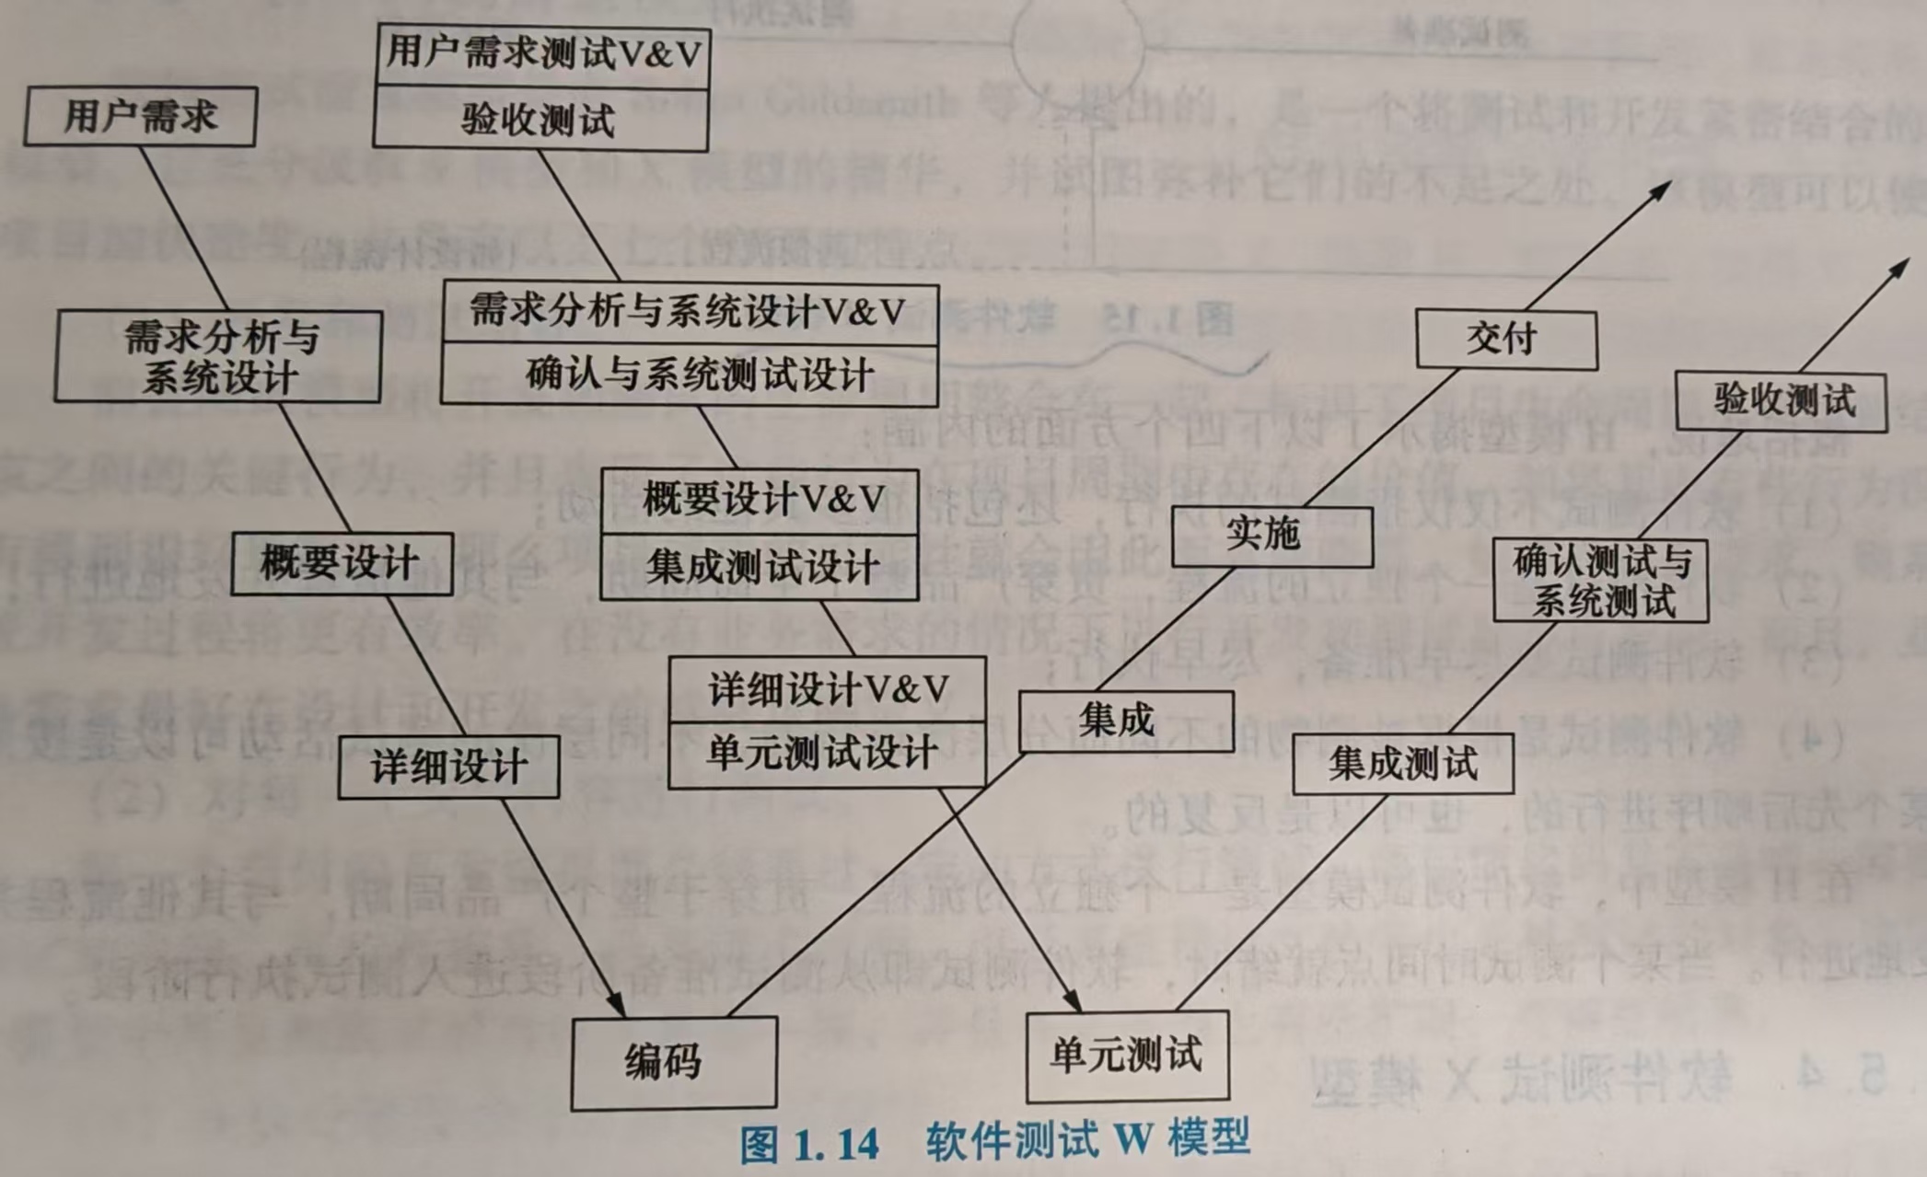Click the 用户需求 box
click(140, 117)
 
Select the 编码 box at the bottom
click(673, 1062)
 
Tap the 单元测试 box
click(1127, 1055)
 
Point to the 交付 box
click(1505, 340)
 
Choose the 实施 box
click(1271, 536)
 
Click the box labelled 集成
click(1125, 721)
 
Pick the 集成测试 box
click(1402, 763)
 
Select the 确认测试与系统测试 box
click(1600, 581)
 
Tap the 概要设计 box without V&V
click(342, 563)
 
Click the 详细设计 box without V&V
click(448, 767)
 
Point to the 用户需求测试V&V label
click(542, 54)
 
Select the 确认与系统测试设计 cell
click(690, 375)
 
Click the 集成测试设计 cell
click(760, 567)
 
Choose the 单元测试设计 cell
click(826, 755)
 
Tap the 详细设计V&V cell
click(826, 689)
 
